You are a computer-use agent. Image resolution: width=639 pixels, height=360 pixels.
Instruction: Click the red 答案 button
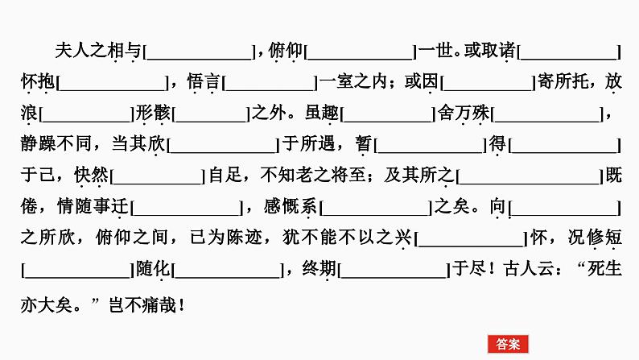508,344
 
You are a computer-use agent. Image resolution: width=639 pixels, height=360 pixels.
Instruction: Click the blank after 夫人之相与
200,52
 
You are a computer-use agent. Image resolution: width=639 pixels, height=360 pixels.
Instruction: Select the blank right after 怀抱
112,83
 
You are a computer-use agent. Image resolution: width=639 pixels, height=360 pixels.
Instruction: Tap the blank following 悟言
270,83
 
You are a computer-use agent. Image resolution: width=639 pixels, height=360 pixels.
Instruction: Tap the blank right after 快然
158,176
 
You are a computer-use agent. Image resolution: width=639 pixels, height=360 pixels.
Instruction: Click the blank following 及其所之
530,176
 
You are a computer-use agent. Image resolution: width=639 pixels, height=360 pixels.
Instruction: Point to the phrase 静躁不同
56,144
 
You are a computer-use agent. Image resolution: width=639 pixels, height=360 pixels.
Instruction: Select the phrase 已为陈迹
225,238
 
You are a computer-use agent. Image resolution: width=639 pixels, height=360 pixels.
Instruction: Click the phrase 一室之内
353,82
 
